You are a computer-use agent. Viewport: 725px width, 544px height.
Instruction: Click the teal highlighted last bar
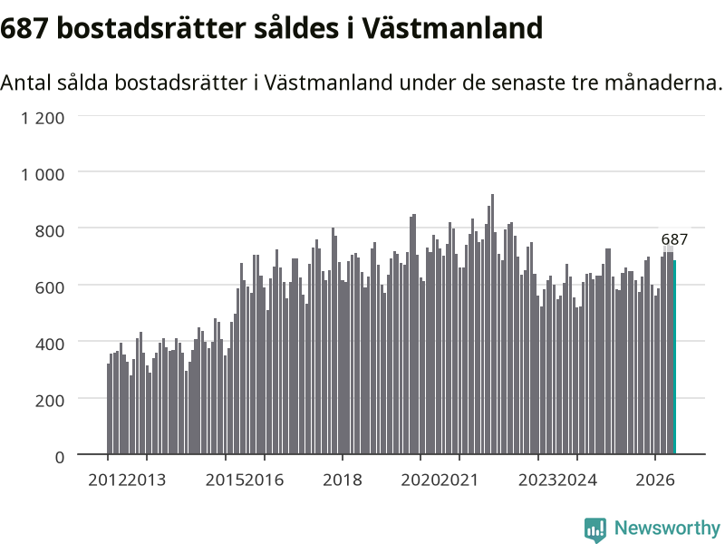[x=674, y=357]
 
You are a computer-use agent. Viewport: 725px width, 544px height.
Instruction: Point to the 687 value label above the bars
[x=674, y=239]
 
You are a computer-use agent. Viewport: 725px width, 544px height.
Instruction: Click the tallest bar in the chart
[x=492, y=325]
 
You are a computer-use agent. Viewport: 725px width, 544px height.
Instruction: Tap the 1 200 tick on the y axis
[x=43, y=118]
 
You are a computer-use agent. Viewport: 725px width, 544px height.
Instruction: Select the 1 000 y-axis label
[x=43, y=174]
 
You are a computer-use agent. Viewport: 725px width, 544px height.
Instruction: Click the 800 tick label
[x=50, y=231]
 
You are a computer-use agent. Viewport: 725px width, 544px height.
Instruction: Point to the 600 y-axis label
[x=50, y=287]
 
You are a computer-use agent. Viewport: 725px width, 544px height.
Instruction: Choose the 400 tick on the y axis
[x=50, y=345]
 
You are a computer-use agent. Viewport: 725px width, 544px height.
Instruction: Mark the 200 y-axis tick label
[x=50, y=401]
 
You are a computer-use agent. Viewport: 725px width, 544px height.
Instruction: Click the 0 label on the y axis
[x=60, y=457]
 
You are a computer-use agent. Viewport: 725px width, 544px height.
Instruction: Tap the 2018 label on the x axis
[x=343, y=480]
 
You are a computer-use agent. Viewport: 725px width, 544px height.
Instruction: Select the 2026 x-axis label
[x=655, y=480]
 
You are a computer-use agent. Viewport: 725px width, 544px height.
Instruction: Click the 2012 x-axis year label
[x=107, y=480]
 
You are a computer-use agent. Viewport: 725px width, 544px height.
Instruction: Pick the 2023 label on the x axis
[x=537, y=480]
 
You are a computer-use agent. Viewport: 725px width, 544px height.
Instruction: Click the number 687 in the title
[x=24, y=28]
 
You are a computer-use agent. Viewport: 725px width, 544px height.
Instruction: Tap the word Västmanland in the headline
[x=452, y=28]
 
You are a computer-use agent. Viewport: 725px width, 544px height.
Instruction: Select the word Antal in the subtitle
[x=26, y=83]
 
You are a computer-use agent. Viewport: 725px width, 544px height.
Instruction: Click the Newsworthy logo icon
[x=595, y=529]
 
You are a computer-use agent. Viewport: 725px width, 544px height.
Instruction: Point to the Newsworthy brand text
[x=667, y=528]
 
